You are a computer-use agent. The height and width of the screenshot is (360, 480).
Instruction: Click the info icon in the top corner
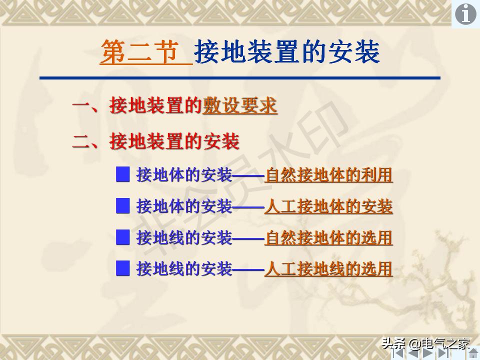pos(465,14)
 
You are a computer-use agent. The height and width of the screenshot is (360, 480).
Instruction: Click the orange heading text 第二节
pos(140,52)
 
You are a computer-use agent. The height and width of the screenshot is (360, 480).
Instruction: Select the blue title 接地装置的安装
pos(287,52)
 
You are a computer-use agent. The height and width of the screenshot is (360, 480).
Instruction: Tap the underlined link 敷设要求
pos(239,106)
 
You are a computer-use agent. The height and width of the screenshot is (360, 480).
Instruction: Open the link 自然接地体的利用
pos(328,175)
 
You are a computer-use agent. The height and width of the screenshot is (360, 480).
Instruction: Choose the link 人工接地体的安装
pos(328,206)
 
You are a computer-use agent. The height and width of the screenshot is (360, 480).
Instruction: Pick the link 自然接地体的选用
pos(328,238)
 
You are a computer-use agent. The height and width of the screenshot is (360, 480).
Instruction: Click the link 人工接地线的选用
pos(328,269)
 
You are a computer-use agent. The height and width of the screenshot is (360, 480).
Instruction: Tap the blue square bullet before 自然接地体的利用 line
pos(123,175)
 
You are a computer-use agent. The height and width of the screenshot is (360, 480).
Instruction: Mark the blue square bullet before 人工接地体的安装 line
pos(123,206)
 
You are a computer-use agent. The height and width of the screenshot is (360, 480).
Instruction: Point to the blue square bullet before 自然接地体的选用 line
pos(123,237)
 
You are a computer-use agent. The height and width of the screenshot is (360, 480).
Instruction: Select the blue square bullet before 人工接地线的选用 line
pos(123,269)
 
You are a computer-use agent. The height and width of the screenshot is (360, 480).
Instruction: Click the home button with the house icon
pos(473,352)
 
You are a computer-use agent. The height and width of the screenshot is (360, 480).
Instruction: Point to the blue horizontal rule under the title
pos(240,78)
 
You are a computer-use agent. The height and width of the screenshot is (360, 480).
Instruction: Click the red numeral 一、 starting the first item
pos(90,106)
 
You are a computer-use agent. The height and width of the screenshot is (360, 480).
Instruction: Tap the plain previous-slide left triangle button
pos(413,352)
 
